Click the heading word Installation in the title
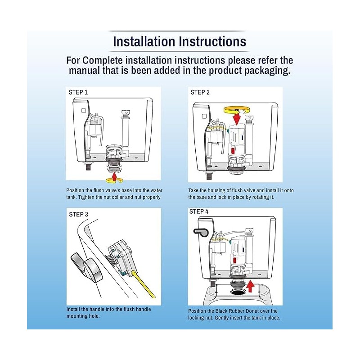click(144, 41)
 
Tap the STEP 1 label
click(78, 92)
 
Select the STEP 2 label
click(200, 92)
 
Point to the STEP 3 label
click(78, 214)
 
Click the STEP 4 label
click(199, 211)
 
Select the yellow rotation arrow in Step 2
click(237, 109)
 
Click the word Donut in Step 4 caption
click(251, 311)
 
